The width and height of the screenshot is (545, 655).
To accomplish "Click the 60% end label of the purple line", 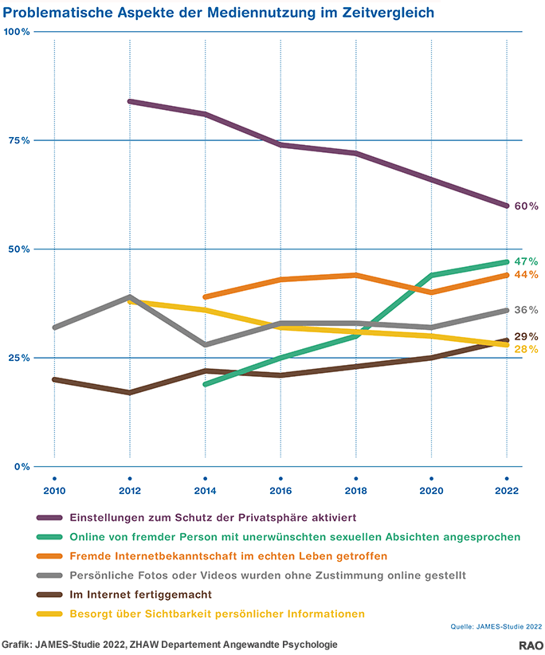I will [x=526, y=206].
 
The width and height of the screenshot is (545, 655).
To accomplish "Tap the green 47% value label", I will [x=526, y=261].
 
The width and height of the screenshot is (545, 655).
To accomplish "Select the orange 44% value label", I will [x=526, y=275].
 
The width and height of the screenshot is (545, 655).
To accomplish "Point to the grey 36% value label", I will [x=526, y=310].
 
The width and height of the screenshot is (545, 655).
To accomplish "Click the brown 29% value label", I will [x=526, y=337].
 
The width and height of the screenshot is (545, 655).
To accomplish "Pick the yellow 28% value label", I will [x=526, y=350].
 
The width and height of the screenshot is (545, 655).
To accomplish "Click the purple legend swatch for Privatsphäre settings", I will [x=49, y=516].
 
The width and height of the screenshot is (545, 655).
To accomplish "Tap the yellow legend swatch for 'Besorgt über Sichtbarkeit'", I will [x=49, y=614].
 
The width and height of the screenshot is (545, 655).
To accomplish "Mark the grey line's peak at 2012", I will [x=129, y=297].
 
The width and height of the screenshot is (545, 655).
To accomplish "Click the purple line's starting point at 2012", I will [x=129, y=101].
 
